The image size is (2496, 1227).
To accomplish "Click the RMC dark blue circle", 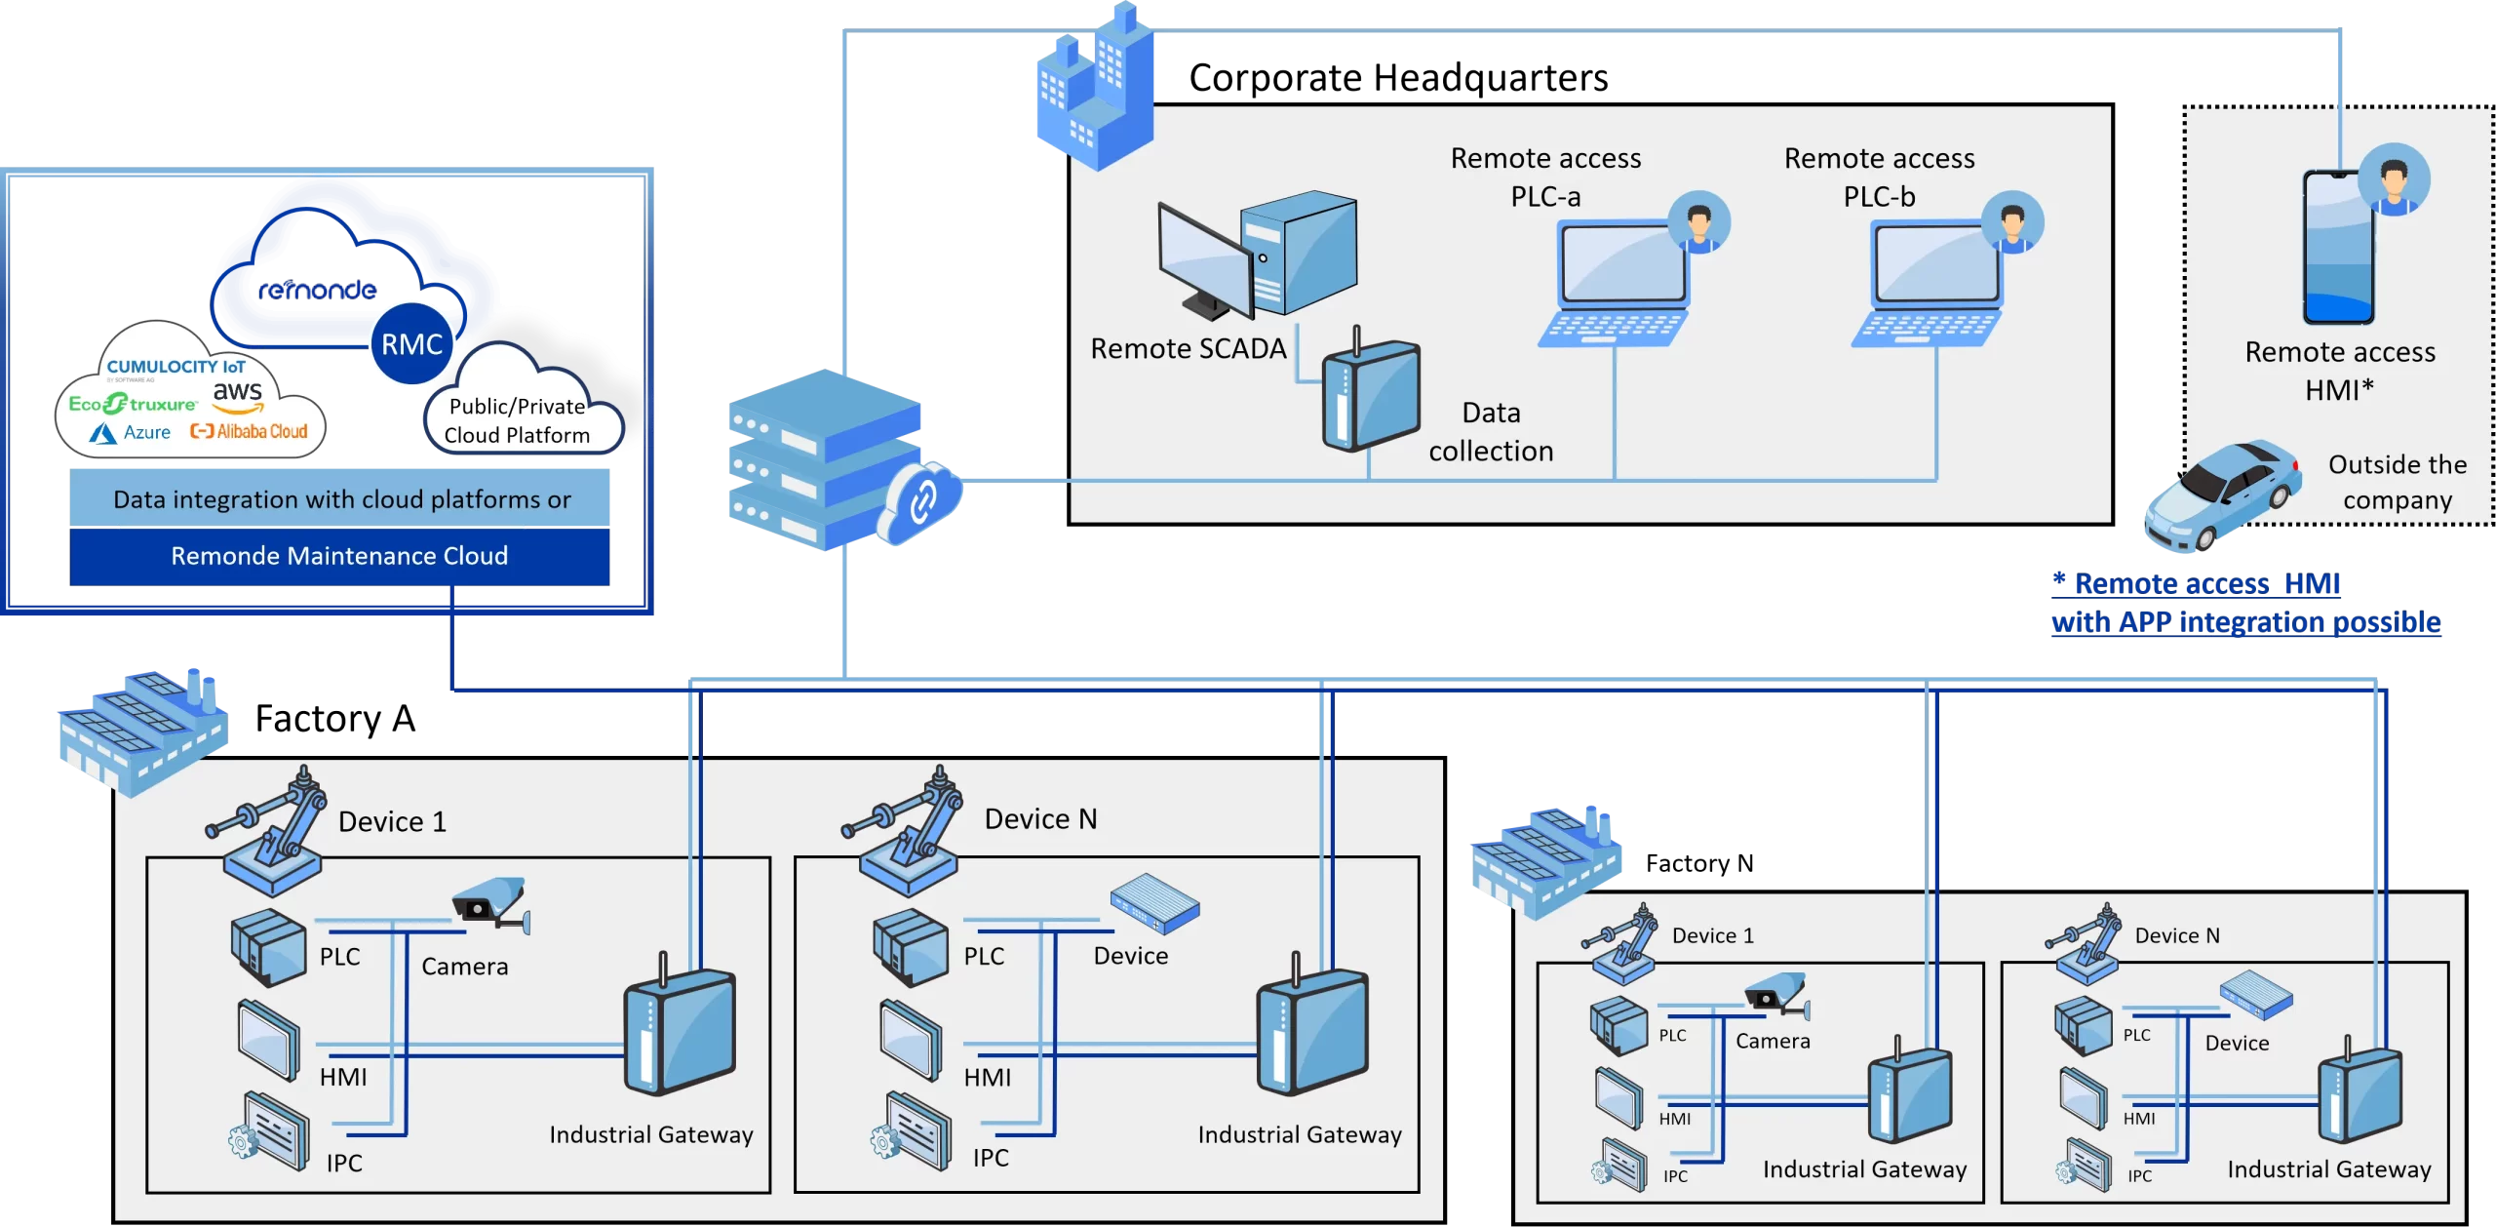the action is [x=412, y=343].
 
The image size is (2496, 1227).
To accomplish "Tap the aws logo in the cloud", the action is [x=238, y=395].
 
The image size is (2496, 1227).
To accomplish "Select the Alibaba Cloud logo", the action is [x=249, y=431].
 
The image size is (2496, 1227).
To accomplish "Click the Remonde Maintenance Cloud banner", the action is [x=339, y=556].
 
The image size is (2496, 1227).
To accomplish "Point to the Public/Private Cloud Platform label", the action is [x=518, y=420].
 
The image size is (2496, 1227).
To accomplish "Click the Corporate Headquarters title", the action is [x=1398, y=77].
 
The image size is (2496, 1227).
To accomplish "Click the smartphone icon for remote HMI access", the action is [x=2338, y=246].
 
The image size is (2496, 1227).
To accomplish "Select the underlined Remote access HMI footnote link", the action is [x=2245, y=603].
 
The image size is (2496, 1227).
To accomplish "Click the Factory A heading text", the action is [x=334, y=719].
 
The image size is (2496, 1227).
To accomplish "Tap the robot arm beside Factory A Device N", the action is [x=901, y=830].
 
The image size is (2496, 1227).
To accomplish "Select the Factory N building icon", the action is [x=1546, y=863].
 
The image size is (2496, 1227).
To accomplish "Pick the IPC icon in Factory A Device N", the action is [x=911, y=1132].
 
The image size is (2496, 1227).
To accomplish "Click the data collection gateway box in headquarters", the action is [x=1370, y=391].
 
